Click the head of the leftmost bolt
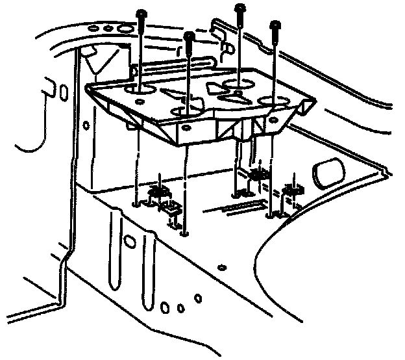pyautogui.click(x=141, y=12)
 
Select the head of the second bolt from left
pyautogui.click(x=188, y=35)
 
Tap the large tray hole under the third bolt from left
pyautogui.click(x=239, y=84)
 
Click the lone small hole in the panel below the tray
pyautogui.click(x=223, y=266)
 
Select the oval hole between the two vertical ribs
pyautogui.click(x=130, y=242)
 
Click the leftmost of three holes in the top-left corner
pyautogui.click(x=93, y=28)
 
